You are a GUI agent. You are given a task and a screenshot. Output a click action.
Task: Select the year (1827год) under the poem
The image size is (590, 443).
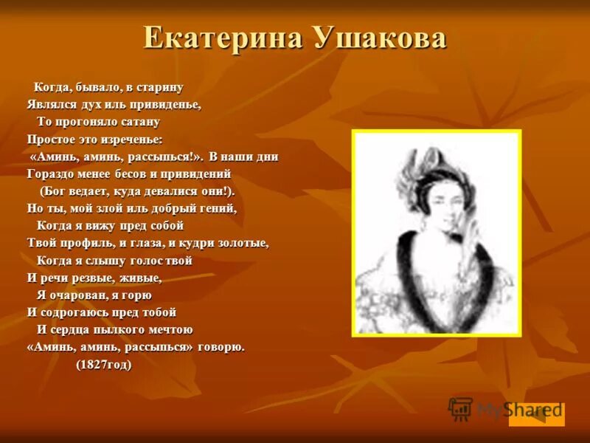104,364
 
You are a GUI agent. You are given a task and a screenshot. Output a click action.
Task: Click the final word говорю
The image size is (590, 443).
221,346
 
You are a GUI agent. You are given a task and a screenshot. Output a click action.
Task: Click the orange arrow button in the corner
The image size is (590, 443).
537,414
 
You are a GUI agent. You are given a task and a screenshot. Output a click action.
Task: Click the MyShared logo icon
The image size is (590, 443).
460,408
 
